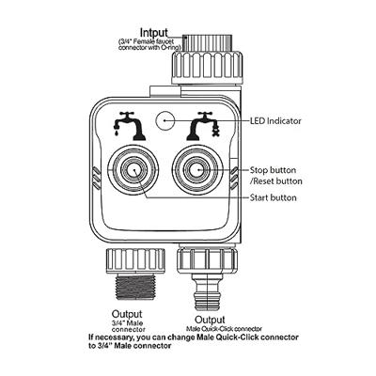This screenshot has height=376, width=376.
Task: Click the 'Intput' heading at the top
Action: click(x=154, y=33)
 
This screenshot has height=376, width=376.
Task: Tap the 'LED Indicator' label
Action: click(x=275, y=121)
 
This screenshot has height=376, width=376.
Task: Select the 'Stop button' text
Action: click(x=273, y=170)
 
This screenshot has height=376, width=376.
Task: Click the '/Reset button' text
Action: click(x=275, y=181)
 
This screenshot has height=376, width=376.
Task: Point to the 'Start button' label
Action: click(x=273, y=197)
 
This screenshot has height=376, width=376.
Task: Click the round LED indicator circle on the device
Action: click(x=165, y=120)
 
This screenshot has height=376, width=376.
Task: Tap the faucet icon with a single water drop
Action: click(x=130, y=126)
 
